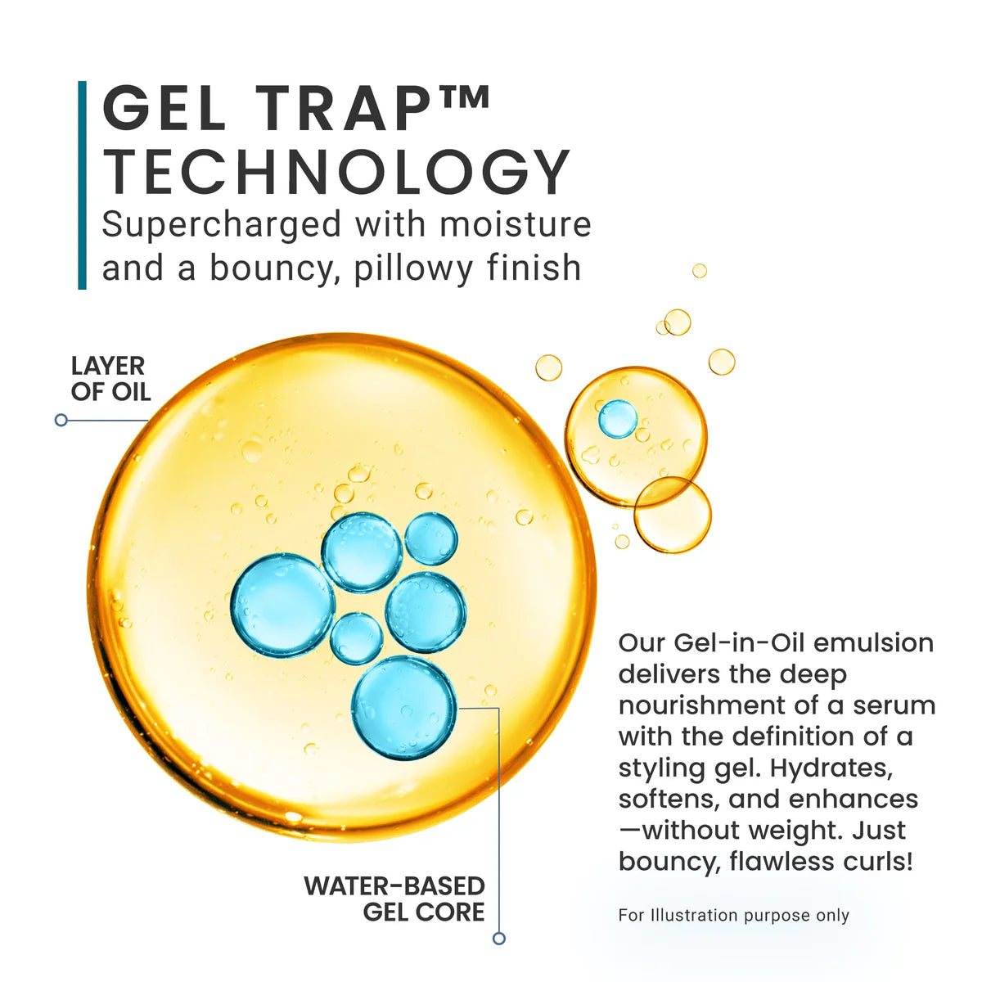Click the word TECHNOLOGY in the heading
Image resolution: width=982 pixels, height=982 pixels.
336,172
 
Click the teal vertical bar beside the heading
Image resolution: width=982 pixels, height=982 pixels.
82,185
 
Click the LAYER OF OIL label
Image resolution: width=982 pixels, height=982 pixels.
110,379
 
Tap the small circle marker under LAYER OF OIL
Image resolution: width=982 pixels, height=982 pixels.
61,420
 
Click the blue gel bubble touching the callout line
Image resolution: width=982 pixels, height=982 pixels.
404,708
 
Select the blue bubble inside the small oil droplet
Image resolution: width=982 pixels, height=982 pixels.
618,418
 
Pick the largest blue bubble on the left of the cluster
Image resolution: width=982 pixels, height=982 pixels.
282,606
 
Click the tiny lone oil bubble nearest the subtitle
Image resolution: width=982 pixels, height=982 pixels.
700,271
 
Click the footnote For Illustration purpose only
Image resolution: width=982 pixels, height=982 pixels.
733,915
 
